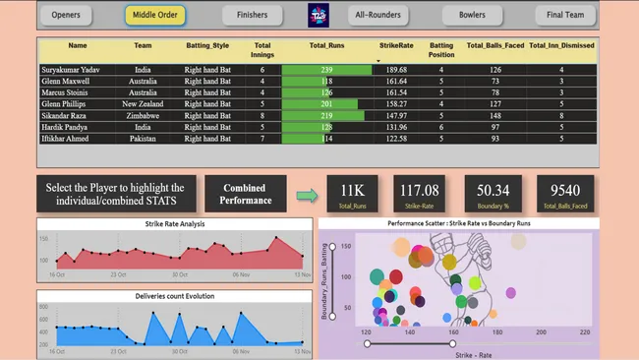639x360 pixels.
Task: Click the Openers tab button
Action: [x=66, y=15]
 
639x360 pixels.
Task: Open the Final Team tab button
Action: [x=566, y=15]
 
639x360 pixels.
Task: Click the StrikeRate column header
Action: [x=397, y=45]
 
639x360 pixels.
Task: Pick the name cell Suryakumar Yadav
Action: [x=78, y=70]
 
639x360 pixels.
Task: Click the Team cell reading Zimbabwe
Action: [x=143, y=115]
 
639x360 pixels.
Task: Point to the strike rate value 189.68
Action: [x=397, y=70]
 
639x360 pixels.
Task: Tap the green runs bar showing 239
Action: [x=324, y=70]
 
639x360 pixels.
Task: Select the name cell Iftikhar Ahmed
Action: [x=78, y=139]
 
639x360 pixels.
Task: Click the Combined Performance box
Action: [x=245, y=194]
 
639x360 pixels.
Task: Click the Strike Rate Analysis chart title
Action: [x=174, y=224]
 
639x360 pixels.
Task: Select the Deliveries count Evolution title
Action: [x=174, y=295]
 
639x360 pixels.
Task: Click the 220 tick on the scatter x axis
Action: [x=585, y=331]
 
